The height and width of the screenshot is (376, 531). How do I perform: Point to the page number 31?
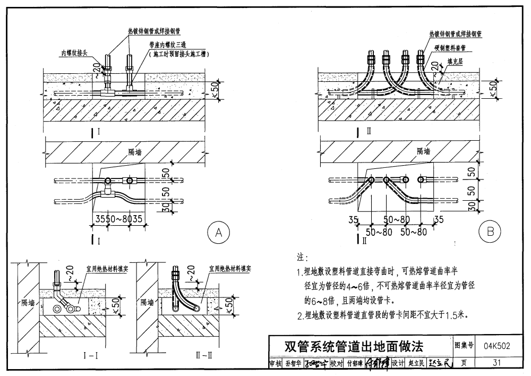(x=497, y=363)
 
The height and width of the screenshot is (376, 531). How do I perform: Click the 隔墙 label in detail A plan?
(x=135, y=151)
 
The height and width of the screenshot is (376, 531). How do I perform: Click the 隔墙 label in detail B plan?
(x=424, y=151)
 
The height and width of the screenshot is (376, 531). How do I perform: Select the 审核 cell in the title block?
(x=275, y=364)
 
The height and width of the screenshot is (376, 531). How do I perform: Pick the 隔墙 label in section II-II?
(x=147, y=303)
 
